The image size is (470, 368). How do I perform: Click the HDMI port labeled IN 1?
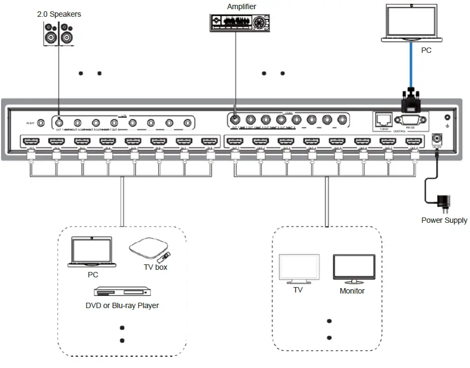pos(31,142)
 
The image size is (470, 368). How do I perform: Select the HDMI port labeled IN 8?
pos(209,142)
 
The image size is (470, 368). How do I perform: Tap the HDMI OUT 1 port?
pos(234,142)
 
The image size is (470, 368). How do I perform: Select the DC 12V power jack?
pos(438,138)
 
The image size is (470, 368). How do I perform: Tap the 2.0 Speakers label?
pos(59,14)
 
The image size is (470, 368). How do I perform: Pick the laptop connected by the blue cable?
pos(412,23)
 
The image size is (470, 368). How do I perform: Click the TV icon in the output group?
pos(298,269)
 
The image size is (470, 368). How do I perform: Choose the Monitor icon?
pos(353,269)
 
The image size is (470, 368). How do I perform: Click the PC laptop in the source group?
pos(92,253)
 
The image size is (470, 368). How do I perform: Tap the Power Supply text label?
pos(444,220)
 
